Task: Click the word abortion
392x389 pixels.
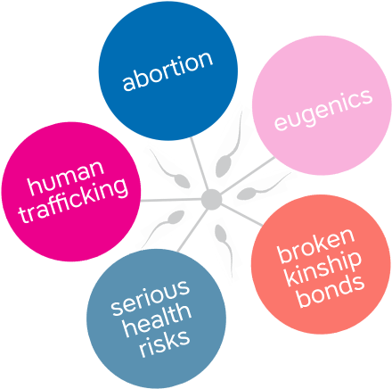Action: pos(167,70)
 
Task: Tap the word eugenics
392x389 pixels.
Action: pos(323,110)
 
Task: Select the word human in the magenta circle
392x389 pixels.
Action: pos(66,178)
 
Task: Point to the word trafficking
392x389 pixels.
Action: pos(74,200)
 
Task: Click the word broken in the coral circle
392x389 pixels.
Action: pos(316,245)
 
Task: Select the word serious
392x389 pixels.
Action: pos(151,297)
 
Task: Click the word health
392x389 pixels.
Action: pos(157,320)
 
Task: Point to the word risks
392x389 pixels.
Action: pos(165,343)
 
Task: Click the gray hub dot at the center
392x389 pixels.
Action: pos(211,199)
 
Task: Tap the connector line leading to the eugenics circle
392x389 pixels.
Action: pos(248,175)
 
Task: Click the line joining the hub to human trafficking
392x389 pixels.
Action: pos(171,200)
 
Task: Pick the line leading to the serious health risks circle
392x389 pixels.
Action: pos(192,229)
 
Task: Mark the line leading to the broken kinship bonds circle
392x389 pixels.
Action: pos(242,214)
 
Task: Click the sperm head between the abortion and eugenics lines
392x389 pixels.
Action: pos(224,167)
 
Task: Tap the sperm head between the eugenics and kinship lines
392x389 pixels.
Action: pos(246,194)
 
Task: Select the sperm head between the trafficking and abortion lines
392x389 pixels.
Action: pos(182,181)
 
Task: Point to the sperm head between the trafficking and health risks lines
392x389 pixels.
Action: pos(176,217)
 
